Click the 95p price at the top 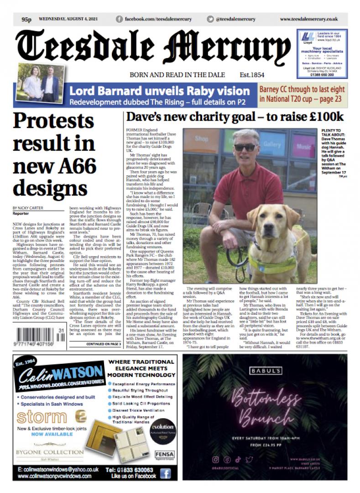[x=26, y=20]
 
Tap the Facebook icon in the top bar [x=120, y=19]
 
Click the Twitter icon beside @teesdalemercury [x=210, y=19]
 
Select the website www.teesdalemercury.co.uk [x=308, y=19]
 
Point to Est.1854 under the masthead [x=252, y=75]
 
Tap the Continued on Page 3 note [x=103, y=344]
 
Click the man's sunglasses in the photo [x=245, y=147]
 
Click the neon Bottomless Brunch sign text [x=261, y=406]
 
